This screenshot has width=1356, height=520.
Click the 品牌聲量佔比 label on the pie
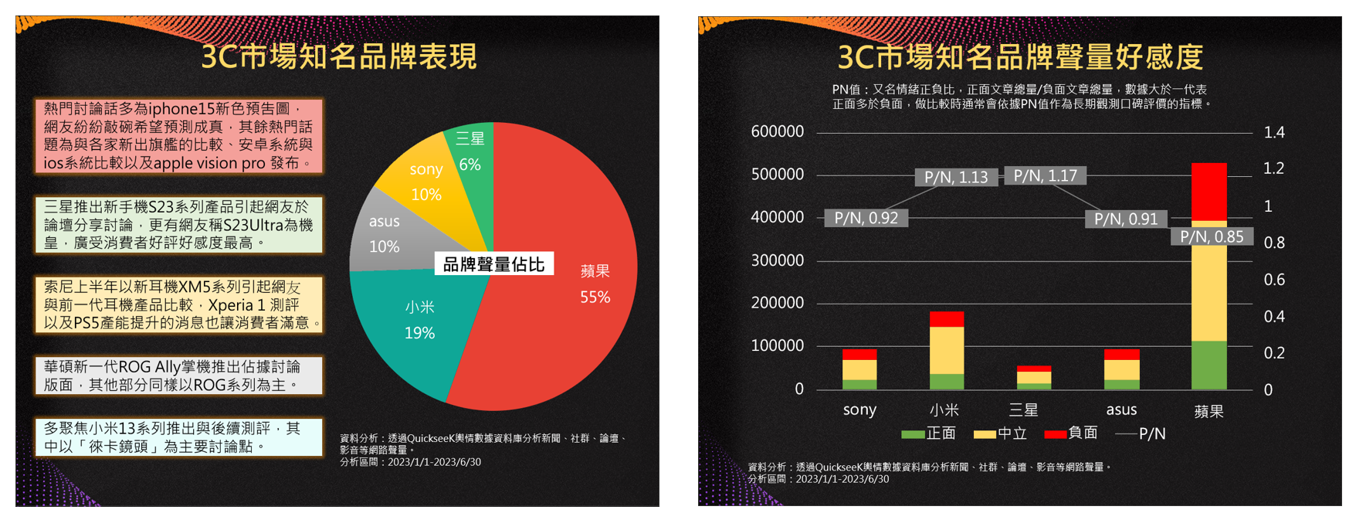click(493, 264)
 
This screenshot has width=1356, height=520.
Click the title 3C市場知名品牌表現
click(338, 56)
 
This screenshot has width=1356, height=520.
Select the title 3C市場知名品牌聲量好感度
click(1020, 56)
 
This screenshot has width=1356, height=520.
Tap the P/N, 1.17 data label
click(1045, 176)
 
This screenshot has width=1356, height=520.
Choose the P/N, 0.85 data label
click(1211, 237)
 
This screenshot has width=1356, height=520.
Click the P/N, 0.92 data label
click(866, 219)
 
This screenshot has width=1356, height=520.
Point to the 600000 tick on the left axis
click(777, 132)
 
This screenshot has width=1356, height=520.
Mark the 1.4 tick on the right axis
click(1273, 132)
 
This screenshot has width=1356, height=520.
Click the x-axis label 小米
click(944, 410)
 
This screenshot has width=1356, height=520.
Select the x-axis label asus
click(1120, 410)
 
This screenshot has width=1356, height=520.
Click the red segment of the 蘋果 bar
click(1209, 192)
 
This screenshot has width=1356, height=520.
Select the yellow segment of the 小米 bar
click(946, 350)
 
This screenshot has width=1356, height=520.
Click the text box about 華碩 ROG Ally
click(178, 376)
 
